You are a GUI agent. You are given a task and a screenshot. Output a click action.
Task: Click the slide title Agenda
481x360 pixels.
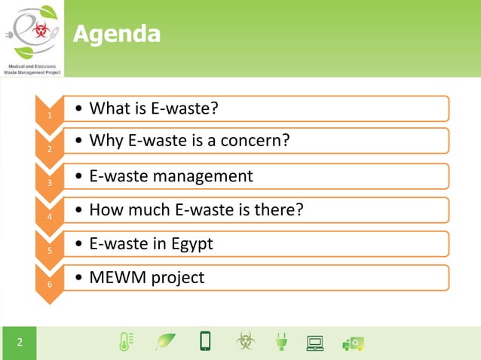pos(116,34)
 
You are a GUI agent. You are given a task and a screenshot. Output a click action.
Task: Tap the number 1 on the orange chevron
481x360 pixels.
pos(49,116)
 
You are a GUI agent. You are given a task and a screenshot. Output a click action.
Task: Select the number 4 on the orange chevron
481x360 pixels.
pos(49,217)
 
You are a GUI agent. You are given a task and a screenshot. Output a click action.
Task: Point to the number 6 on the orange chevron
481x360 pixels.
pos(49,285)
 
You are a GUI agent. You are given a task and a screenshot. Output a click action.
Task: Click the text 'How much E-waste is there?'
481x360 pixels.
pos(196,209)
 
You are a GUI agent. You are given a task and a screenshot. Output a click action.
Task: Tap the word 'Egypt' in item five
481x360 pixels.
pos(191,244)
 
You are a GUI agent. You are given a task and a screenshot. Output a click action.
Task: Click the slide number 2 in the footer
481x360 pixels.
pos(20,343)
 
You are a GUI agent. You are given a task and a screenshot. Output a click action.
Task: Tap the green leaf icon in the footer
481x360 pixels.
pos(164,342)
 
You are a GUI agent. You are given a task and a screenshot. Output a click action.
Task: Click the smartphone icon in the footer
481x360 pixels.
pos(204,341)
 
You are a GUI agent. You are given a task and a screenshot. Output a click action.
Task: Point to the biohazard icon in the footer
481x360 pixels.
pos(245,342)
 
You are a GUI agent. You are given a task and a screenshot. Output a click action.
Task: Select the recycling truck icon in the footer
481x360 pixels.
pos(353,343)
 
